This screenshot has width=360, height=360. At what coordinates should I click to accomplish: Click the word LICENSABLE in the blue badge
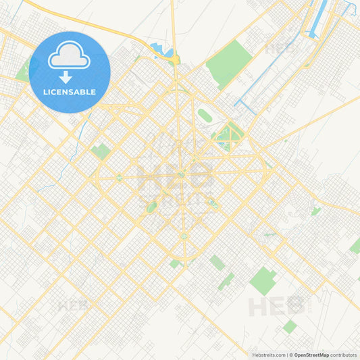pyautogui.click(x=70, y=92)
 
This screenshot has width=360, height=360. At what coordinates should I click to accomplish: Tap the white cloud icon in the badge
pyautogui.click(x=69, y=55)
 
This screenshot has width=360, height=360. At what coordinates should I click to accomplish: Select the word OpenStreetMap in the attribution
pyautogui.click(x=311, y=355)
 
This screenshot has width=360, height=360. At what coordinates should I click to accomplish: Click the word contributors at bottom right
pyautogui.click(x=344, y=355)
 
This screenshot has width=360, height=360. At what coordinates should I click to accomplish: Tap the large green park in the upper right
pyautogui.click(x=228, y=61)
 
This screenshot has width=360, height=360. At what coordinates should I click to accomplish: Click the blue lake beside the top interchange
pyautogui.click(x=162, y=50)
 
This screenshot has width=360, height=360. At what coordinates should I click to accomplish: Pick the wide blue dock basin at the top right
pyautogui.click(x=317, y=18)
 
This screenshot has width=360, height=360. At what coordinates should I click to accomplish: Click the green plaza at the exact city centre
pyautogui.click(x=181, y=176)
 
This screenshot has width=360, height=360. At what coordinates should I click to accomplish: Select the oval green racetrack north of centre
pyautogui.click(x=205, y=115)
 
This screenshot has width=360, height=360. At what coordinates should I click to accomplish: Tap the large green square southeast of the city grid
pyautogui.click(x=263, y=280)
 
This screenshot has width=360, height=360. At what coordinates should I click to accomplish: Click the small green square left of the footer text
pyautogui.click(x=290, y=327)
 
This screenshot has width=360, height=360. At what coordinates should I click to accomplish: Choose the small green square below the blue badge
pyautogui.click(x=101, y=151)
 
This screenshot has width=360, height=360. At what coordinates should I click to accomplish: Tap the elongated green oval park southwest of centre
pyautogui.click(x=152, y=207)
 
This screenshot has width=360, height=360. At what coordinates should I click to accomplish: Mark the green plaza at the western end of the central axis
pyautogui.click(x=119, y=178)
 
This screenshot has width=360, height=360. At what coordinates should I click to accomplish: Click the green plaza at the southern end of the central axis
pyautogui.click(x=183, y=236)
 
